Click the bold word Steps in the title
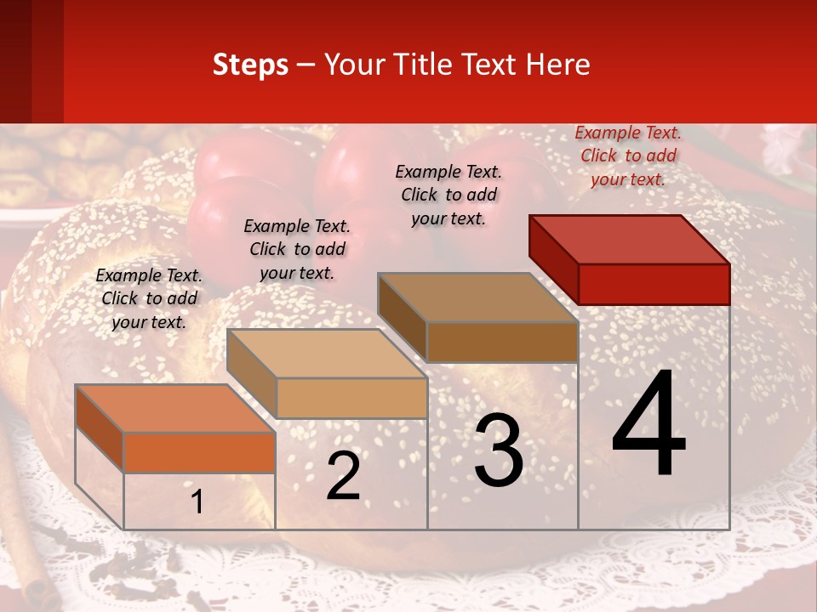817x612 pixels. pyautogui.click(x=250, y=65)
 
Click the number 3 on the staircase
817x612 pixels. pyautogui.click(x=499, y=450)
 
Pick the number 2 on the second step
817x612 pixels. pyautogui.click(x=343, y=476)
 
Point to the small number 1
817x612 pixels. pyautogui.click(x=197, y=501)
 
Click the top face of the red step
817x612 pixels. pyautogui.click(x=630, y=239)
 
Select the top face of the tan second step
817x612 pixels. pyautogui.click(x=327, y=354)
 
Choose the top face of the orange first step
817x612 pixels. pyautogui.click(x=175, y=408)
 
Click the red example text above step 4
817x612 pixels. pyautogui.click(x=628, y=156)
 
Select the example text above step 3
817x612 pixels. pyautogui.click(x=448, y=195)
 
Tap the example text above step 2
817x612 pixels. pyautogui.click(x=297, y=249)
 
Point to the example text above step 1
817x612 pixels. pyautogui.click(x=149, y=298)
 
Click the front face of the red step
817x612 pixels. pyautogui.click(x=654, y=284)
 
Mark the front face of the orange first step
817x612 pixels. pyautogui.click(x=199, y=452)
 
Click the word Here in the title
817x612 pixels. pyautogui.click(x=558, y=65)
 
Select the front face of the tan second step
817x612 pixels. pyautogui.click(x=351, y=398)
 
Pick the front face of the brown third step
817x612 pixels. pyautogui.click(x=502, y=342)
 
